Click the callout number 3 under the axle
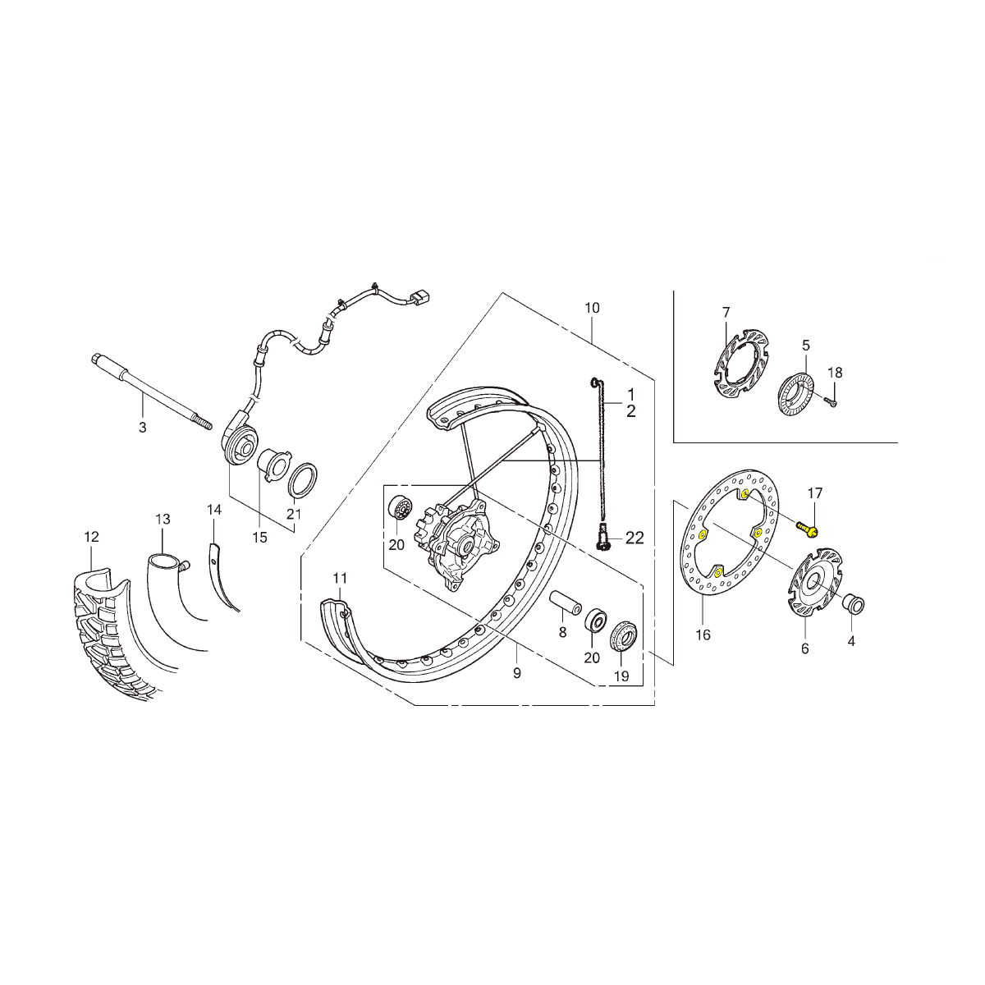coord(143,428)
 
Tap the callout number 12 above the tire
coord(91,537)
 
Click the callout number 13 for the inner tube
coord(163,520)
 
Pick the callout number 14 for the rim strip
coord(215,510)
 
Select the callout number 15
coord(260,538)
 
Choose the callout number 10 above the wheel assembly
coord(592,309)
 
